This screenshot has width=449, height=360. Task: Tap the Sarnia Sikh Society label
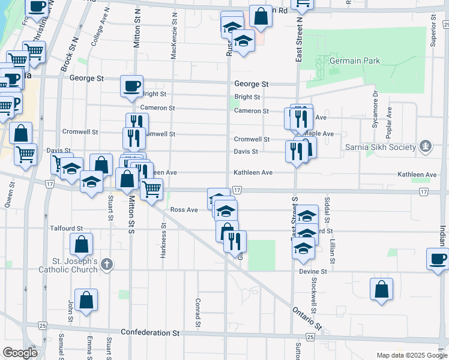point(380,148)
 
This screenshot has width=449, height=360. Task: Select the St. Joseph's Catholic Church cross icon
point(106,264)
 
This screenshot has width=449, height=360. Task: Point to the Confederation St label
point(150,332)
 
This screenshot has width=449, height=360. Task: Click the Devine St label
point(313,272)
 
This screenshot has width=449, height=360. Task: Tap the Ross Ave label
point(184,209)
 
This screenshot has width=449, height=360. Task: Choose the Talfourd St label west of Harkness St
point(66,229)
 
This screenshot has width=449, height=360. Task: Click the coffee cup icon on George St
point(131,85)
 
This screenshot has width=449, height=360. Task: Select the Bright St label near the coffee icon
point(154,94)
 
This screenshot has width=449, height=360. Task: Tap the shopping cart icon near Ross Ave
point(151,188)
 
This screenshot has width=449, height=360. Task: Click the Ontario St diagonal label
point(308,319)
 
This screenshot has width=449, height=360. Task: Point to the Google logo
point(20,353)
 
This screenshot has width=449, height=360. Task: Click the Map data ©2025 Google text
point(412,355)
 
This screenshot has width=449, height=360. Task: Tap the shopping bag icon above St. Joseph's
point(81,244)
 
